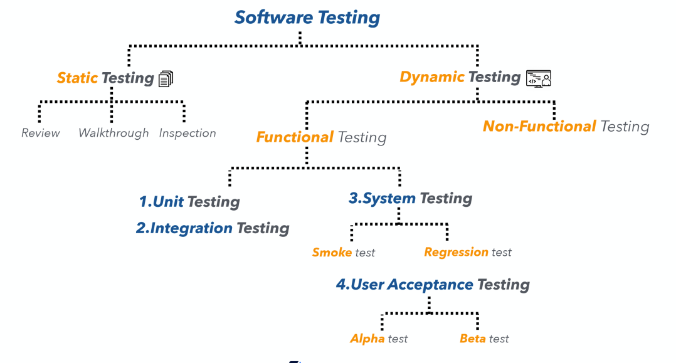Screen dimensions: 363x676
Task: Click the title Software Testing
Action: pos(307,17)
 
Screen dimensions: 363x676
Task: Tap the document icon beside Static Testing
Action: pos(166,78)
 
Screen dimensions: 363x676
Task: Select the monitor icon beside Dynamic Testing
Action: pos(538,78)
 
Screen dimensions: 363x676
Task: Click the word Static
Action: pos(77,78)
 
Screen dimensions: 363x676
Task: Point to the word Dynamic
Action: pos(432,77)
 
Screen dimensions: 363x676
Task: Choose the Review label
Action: pos(41,133)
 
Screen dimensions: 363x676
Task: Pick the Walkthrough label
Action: pos(114,133)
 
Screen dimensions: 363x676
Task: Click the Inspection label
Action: pos(187,133)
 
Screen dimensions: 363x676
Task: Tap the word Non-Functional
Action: pos(539,126)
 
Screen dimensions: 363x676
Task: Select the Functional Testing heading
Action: pos(321,137)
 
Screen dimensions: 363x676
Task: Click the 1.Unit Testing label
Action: pos(189,202)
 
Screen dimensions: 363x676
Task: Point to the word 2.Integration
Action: pos(184,228)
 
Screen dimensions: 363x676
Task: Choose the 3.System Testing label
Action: pos(410,199)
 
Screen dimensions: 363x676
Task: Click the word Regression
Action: pos(456,252)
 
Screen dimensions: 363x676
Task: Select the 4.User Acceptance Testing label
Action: pos(433,285)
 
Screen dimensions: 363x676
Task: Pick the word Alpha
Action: pos(367,339)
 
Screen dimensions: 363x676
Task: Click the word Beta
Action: pos(473,339)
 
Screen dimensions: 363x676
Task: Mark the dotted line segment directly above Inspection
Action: pos(184,112)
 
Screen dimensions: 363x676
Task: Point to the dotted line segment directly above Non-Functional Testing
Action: pos(554,110)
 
